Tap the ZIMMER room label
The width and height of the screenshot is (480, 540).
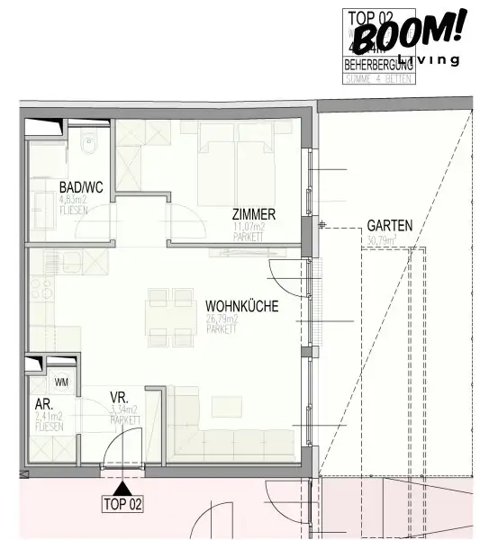click(x=252, y=215)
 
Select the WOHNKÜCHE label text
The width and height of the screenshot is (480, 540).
click(x=240, y=306)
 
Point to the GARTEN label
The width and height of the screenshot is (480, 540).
click(x=389, y=226)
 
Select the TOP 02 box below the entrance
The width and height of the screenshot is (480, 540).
click(x=122, y=504)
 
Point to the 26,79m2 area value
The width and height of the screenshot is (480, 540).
click(x=222, y=319)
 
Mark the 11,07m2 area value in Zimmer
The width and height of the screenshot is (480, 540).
click(x=249, y=228)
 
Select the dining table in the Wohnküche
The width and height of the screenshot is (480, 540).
click(x=171, y=317)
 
